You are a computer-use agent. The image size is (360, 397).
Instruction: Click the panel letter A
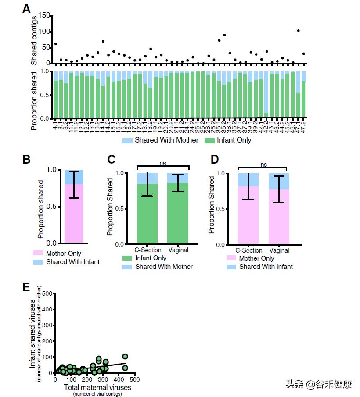[27, 9]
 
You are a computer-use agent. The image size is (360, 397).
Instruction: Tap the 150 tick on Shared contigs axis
[44, 15]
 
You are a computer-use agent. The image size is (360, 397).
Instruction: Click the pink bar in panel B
[74, 213]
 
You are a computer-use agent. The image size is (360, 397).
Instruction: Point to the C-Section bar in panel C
[148, 213]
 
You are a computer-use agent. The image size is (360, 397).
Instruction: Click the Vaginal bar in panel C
[178, 213]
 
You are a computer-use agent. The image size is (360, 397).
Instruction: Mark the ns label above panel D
[263, 165]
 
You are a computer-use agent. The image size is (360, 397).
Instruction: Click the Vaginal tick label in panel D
[279, 250]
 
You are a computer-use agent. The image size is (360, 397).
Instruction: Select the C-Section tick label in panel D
[249, 250]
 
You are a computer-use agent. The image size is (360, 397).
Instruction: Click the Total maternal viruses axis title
[97, 387]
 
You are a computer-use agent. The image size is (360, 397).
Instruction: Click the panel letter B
[27, 159]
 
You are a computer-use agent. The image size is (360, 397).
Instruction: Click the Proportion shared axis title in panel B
[41, 206]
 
